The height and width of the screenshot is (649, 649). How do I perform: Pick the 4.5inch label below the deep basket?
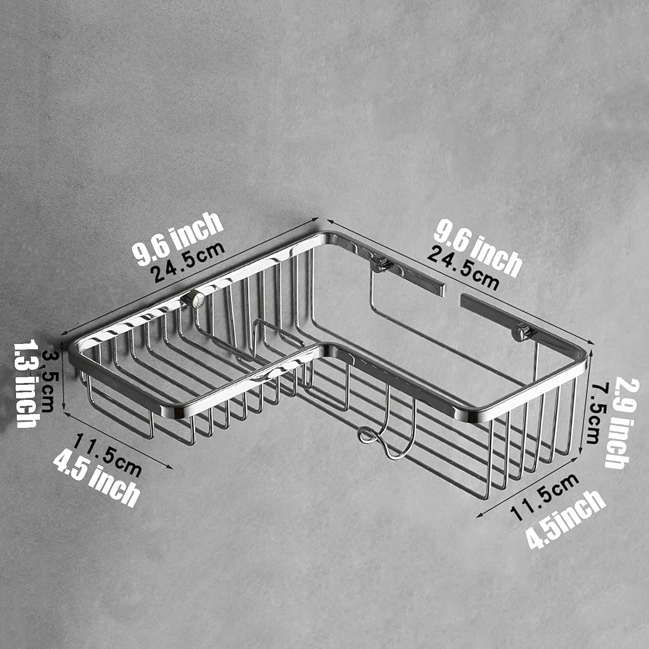[565, 519]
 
